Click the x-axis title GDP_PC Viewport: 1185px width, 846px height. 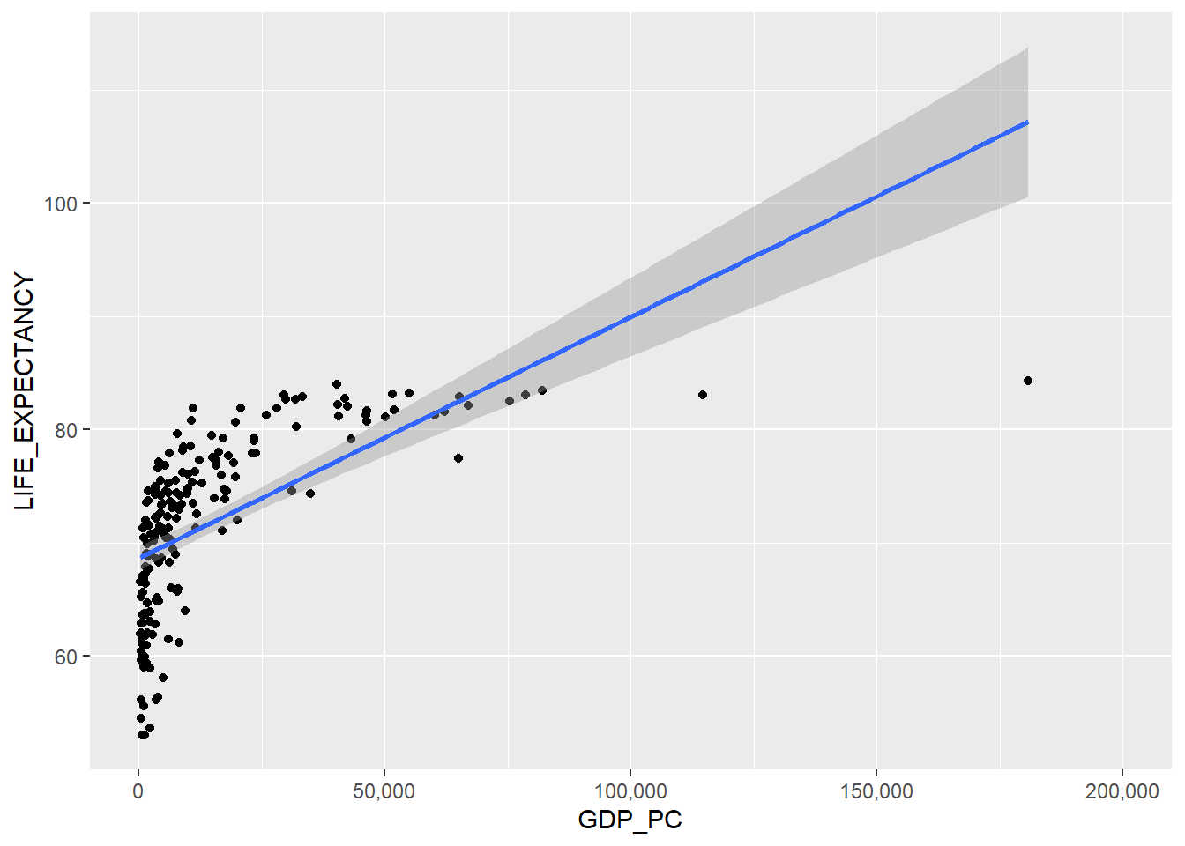pyautogui.click(x=630, y=820)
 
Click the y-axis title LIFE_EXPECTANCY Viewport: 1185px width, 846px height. pyautogui.click(x=25, y=391)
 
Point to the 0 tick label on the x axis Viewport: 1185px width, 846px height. pyautogui.click(x=138, y=791)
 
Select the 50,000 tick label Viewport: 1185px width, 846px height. pyautogui.click(x=384, y=791)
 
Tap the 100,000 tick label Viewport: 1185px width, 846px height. pyautogui.click(x=630, y=791)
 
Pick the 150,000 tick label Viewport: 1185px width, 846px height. pyautogui.click(x=876, y=791)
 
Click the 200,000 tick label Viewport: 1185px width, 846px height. pyautogui.click(x=1122, y=791)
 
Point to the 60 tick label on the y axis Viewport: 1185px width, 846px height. pyautogui.click(x=66, y=657)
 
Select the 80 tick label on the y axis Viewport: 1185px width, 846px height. pyautogui.click(x=66, y=430)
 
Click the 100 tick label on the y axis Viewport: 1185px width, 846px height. pyautogui.click(x=61, y=204)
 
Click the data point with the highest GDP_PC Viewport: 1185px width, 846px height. pyautogui.click(x=1028, y=381)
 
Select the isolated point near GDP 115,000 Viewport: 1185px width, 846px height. pyautogui.click(x=703, y=395)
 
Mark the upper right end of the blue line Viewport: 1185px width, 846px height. pyautogui.click(x=1027, y=122)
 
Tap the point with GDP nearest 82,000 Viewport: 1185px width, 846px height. pyautogui.click(x=542, y=390)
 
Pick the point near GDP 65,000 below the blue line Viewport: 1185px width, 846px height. pyautogui.click(x=458, y=458)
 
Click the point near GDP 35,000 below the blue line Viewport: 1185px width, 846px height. pyautogui.click(x=310, y=493)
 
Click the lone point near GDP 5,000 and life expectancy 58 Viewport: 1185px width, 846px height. pyautogui.click(x=163, y=678)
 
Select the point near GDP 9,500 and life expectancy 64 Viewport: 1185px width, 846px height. pyautogui.click(x=185, y=611)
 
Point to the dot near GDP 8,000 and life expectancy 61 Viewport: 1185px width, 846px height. pyautogui.click(x=179, y=642)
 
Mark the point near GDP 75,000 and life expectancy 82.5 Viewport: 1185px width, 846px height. pyautogui.click(x=510, y=401)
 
